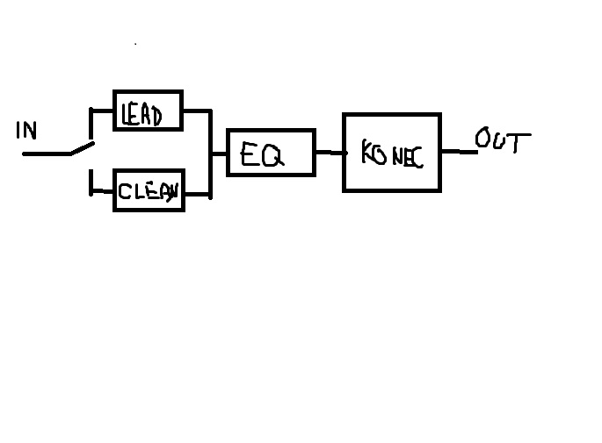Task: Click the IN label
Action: click(x=26, y=131)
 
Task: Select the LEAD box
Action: click(x=148, y=111)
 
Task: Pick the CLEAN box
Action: click(x=148, y=190)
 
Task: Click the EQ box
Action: click(x=270, y=153)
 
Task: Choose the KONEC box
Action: click(x=391, y=152)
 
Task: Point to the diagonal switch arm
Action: click(x=82, y=147)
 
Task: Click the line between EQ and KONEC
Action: click(x=328, y=153)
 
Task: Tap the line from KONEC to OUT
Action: click(x=458, y=152)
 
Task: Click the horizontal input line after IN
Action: click(x=46, y=154)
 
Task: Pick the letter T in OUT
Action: click(x=519, y=143)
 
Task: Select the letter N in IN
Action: click(x=31, y=132)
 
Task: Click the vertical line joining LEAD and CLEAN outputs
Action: click(x=211, y=153)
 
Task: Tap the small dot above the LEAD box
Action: click(x=135, y=43)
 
